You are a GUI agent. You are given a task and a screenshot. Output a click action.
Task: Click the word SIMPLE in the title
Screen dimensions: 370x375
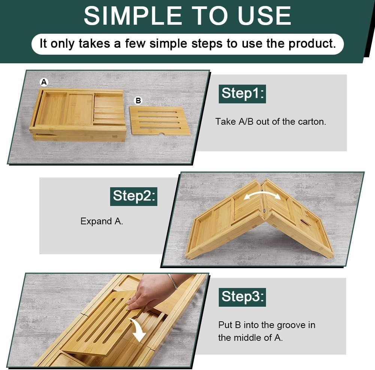tap(131, 15)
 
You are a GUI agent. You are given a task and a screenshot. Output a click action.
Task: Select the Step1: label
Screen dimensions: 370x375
tap(242, 93)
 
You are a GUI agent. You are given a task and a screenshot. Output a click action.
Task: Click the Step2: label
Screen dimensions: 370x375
tap(133, 195)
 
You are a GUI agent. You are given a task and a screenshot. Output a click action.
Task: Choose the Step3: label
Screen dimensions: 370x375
tap(242, 297)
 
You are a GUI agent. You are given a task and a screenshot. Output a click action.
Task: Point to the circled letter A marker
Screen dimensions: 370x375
tap(44, 82)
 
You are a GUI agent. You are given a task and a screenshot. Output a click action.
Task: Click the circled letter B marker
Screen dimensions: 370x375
tap(138, 100)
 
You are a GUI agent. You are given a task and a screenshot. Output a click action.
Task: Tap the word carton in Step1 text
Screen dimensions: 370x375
tap(312, 122)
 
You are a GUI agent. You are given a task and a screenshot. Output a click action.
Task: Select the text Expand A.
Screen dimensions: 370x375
tap(102, 221)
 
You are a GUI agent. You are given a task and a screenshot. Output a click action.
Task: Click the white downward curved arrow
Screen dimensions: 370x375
tap(138, 329)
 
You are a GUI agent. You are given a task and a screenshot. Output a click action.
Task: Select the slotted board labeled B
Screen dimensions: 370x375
tap(160, 120)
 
